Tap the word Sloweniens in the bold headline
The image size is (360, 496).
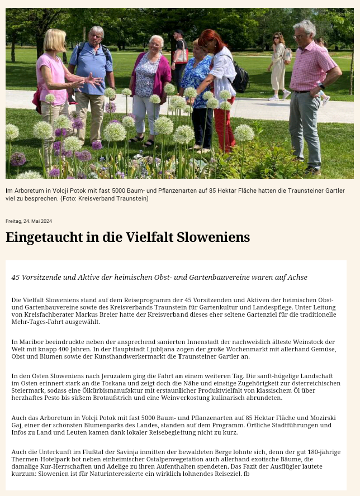pos(213,237)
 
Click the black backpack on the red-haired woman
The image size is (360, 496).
pos(240,80)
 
